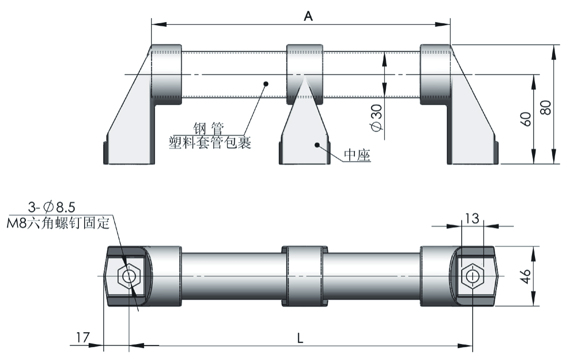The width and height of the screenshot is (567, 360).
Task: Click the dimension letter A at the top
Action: coord(308,16)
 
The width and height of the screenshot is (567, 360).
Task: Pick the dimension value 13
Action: coord(472,218)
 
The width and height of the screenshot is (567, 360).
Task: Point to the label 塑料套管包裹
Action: coord(210,143)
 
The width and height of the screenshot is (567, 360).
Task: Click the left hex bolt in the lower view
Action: coord(128,276)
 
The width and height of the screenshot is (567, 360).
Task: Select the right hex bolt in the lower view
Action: coord(472,276)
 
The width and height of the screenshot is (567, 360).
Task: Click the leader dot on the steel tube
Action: coord(265,83)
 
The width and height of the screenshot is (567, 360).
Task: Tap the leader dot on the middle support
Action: coord(318,145)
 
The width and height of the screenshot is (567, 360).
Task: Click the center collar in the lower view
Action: coord(304,276)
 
